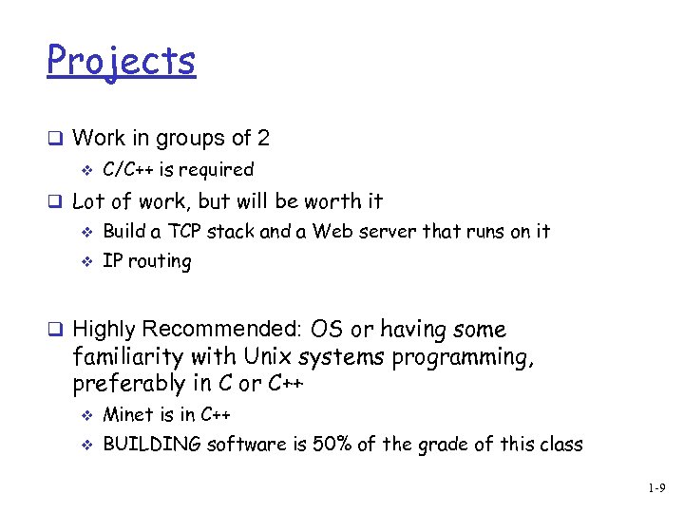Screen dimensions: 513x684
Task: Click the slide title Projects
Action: click(121, 62)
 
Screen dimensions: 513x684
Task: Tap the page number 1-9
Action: click(656, 488)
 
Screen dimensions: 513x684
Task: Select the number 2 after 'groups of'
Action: click(262, 139)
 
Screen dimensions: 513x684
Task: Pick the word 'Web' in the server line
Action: click(331, 231)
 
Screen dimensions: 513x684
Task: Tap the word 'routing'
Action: click(160, 262)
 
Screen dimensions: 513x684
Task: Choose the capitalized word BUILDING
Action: click(152, 445)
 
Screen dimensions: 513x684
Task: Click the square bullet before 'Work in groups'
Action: click(55, 139)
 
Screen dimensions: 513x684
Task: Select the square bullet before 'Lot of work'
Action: click(55, 201)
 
